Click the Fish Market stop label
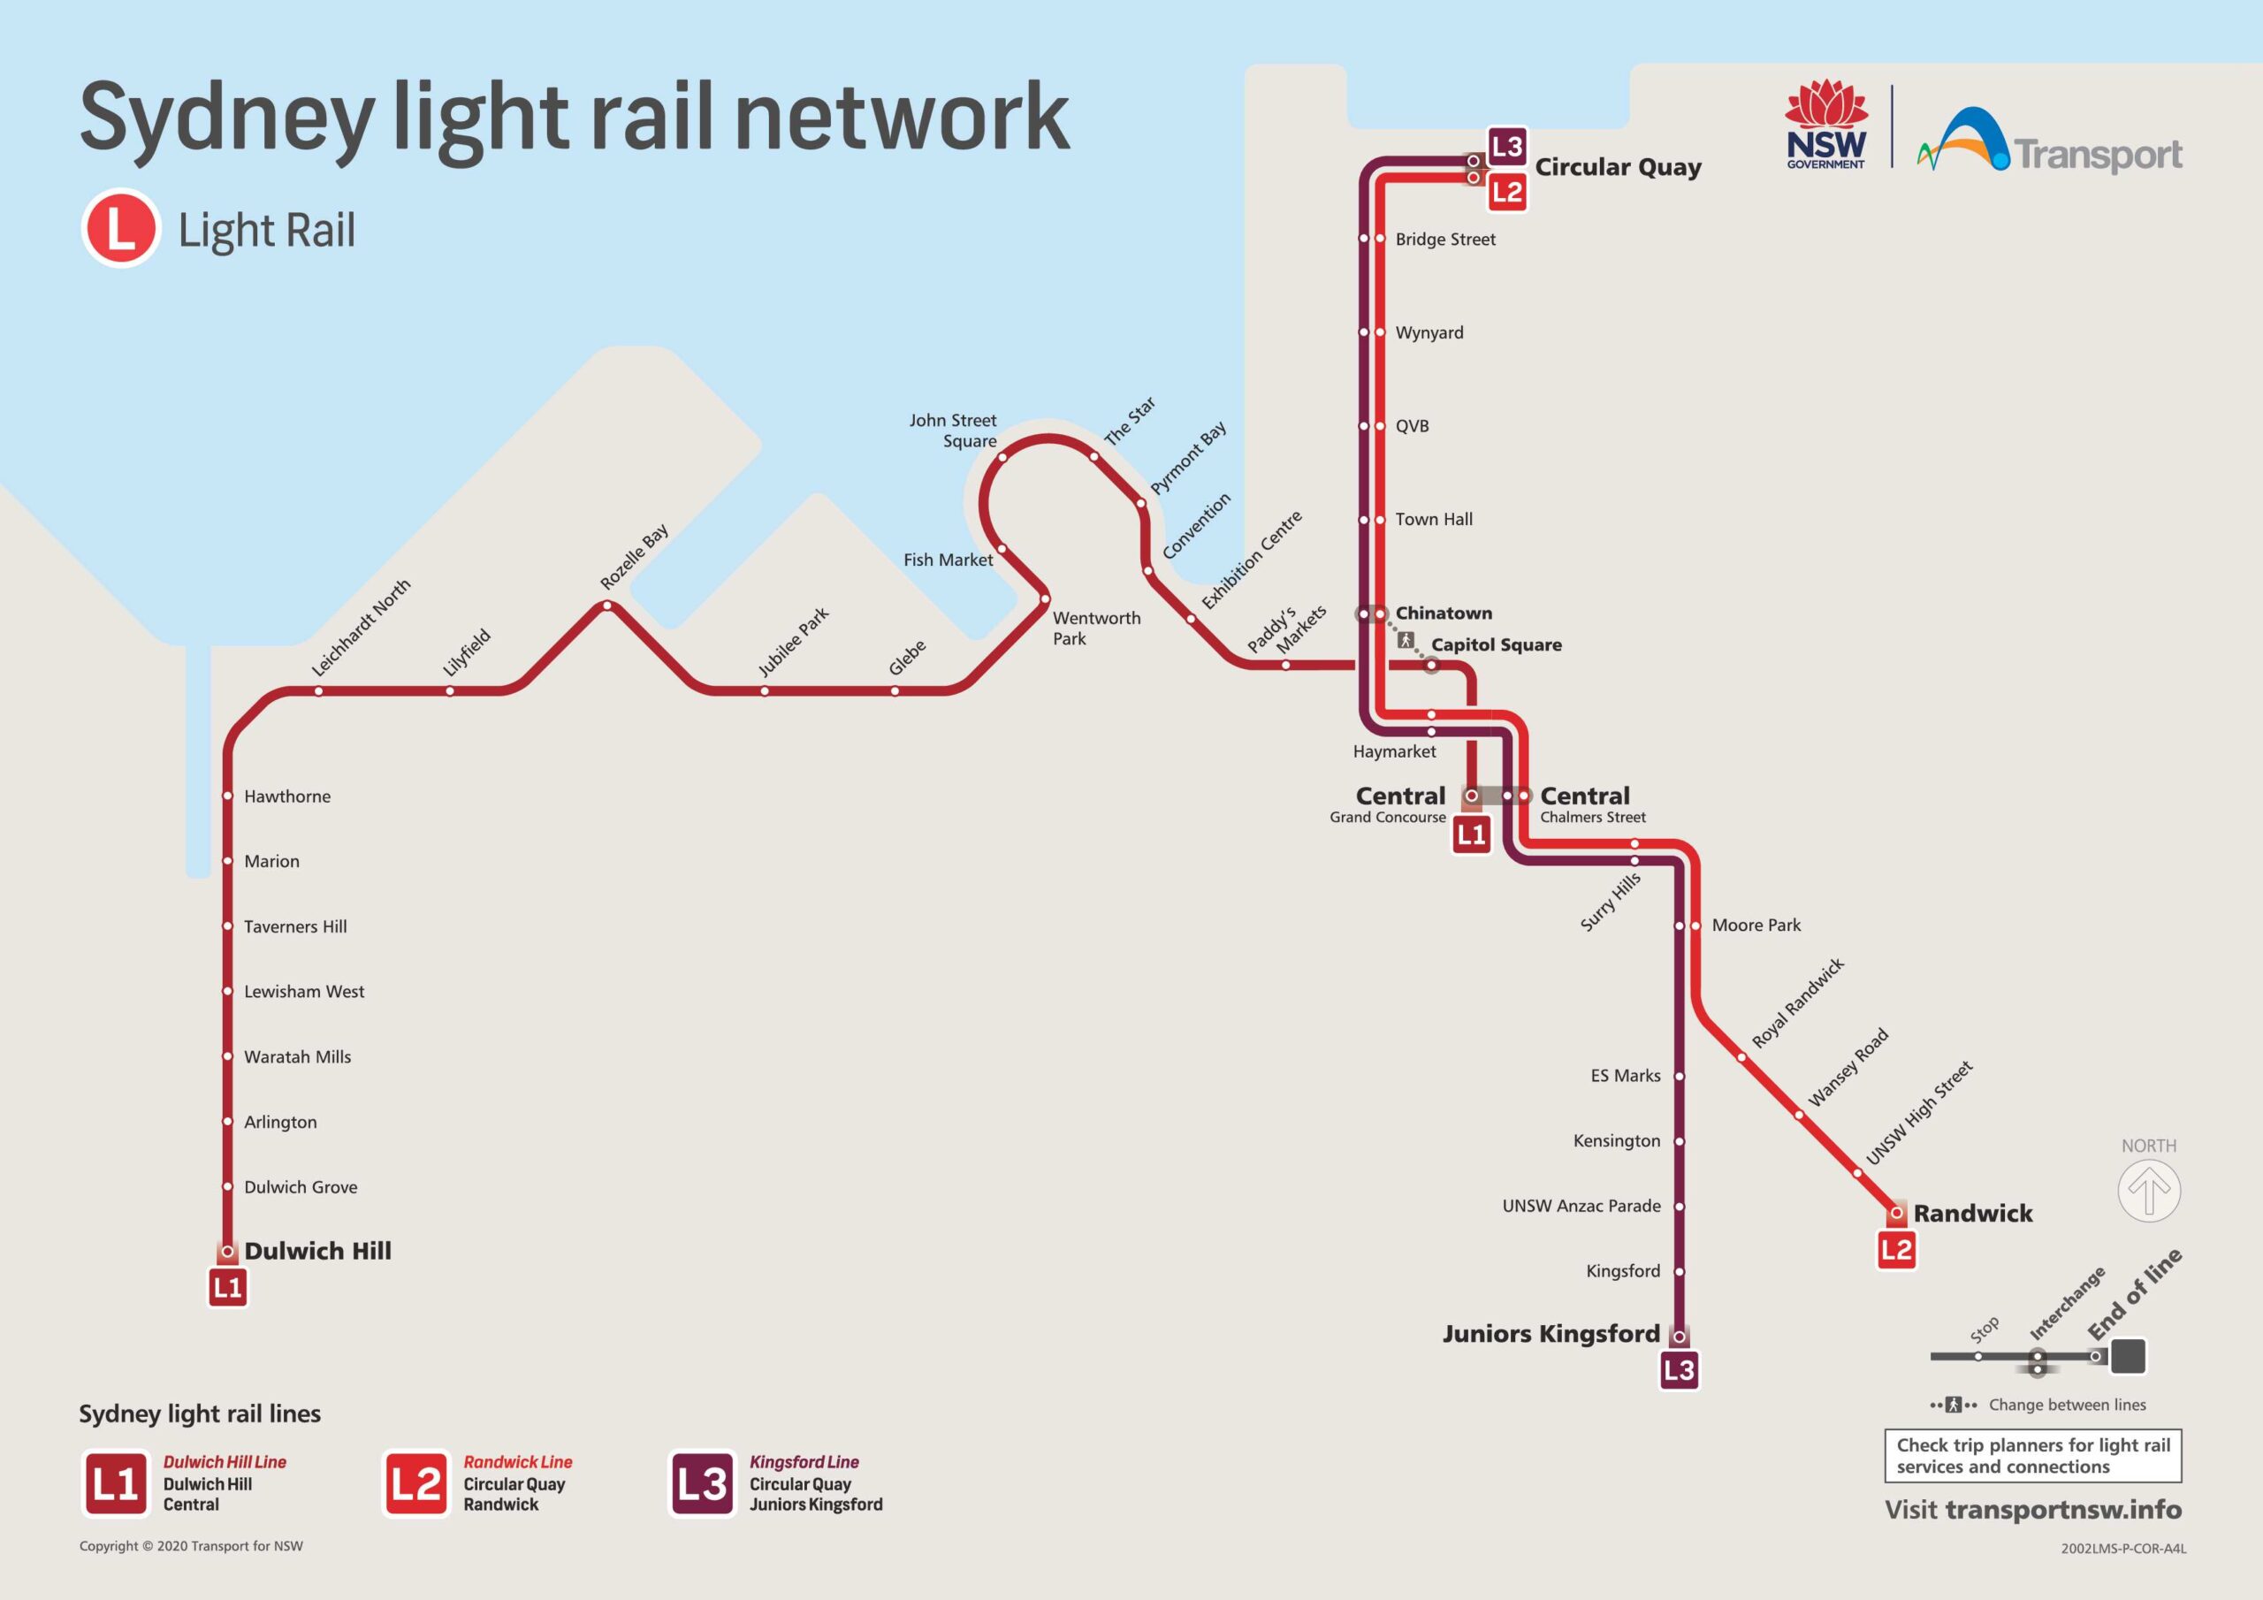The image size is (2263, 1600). (x=947, y=560)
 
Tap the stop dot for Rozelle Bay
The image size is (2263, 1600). (x=607, y=606)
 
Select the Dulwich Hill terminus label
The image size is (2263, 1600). (x=317, y=1251)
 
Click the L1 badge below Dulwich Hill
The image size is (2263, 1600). (x=228, y=1287)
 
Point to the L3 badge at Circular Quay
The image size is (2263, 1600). (x=1507, y=148)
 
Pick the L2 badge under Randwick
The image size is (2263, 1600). (x=1895, y=1251)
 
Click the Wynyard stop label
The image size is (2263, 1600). (x=1429, y=333)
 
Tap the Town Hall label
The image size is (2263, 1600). (x=1433, y=520)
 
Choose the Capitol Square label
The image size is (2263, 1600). (x=1495, y=644)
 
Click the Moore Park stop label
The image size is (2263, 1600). (x=1756, y=926)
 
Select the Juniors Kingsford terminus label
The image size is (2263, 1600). (x=1551, y=1334)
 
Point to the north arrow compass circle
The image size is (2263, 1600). (x=2149, y=1190)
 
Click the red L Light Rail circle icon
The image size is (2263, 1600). (x=120, y=228)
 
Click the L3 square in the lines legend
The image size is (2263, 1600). (x=702, y=1482)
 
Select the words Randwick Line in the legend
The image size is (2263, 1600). (x=517, y=1462)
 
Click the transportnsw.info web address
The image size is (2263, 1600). (x=2063, y=1511)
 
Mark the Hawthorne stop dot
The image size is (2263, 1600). (x=228, y=796)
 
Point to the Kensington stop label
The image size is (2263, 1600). (x=1617, y=1140)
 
